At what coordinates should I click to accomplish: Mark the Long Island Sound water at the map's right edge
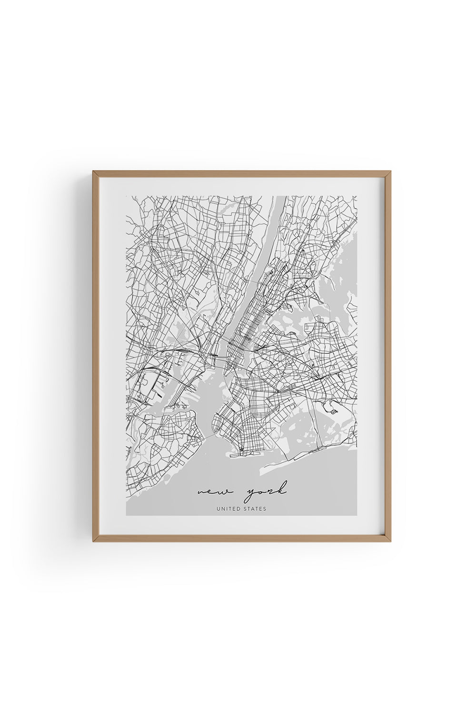point(350,267)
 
